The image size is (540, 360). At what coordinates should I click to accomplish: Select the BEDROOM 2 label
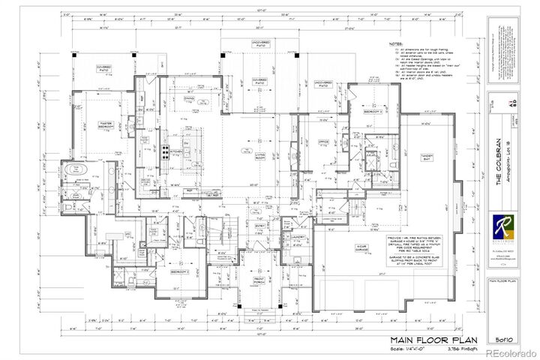178,271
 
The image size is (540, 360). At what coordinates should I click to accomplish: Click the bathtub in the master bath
75,173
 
